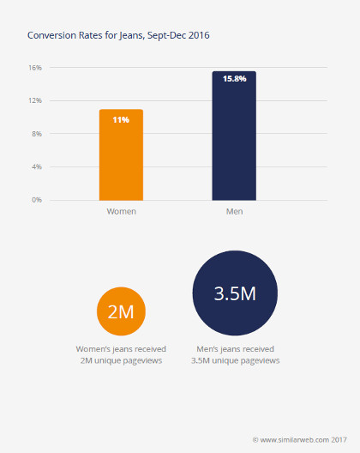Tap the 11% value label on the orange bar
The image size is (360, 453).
(121, 119)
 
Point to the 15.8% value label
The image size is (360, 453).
(234, 79)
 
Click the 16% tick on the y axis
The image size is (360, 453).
(35, 67)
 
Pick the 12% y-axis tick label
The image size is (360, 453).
(35, 100)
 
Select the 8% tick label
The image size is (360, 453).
(37, 134)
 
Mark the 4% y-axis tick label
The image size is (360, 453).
(37, 166)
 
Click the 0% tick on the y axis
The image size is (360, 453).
(37, 200)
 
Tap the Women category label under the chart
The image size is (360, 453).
(121, 211)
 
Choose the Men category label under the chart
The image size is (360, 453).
(234, 211)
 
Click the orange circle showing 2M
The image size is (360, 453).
(121, 311)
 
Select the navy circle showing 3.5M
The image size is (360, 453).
(235, 294)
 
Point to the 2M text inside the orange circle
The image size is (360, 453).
(121, 311)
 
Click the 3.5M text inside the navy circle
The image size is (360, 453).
(235, 294)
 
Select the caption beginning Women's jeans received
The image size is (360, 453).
(121, 355)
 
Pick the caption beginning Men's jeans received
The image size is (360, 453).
(235, 355)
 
